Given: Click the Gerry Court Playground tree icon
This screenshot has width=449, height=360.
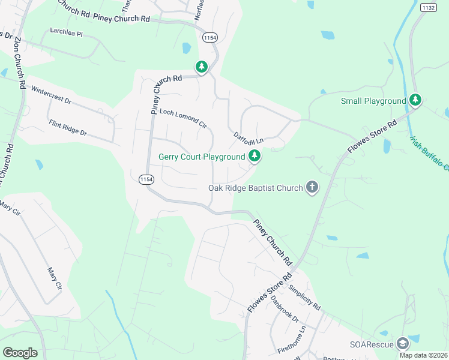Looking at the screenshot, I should (255, 157).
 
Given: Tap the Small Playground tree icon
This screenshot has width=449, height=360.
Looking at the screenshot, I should (415, 100).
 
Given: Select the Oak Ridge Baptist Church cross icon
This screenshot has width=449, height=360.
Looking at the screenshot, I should (312, 188).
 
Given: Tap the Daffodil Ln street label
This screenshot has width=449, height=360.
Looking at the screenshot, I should (249, 137).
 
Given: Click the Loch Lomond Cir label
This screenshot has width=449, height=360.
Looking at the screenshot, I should (182, 118).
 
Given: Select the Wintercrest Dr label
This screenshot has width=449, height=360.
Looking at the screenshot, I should (51, 95).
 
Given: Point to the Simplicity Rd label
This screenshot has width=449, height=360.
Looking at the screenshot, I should (305, 296).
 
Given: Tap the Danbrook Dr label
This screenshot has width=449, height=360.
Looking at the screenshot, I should (284, 308).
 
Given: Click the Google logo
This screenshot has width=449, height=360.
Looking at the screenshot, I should (20, 352).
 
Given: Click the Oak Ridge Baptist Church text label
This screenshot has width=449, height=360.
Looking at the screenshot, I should (256, 188).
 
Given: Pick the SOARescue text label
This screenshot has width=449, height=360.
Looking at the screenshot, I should (372, 344).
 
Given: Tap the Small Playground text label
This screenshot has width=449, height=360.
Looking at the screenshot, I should (373, 101).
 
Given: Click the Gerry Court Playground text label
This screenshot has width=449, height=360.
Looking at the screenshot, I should (202, 157).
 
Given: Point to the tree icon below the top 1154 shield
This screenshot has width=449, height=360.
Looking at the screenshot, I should (202, 67).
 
